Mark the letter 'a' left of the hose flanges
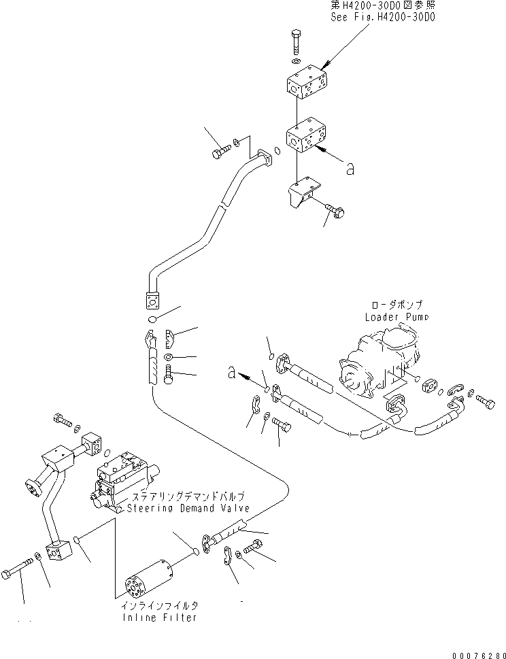233,372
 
